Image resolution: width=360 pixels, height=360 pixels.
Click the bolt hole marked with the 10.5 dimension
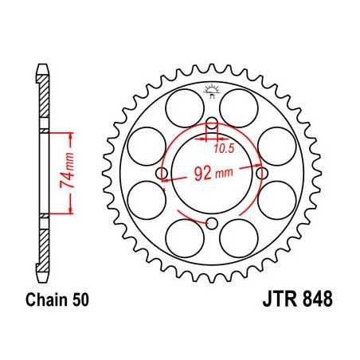click(x=212, y=123)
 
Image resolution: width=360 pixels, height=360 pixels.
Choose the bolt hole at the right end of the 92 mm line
click(x=261, y=171)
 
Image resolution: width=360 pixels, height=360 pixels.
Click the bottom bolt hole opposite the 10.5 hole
click(x=212, y=222)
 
